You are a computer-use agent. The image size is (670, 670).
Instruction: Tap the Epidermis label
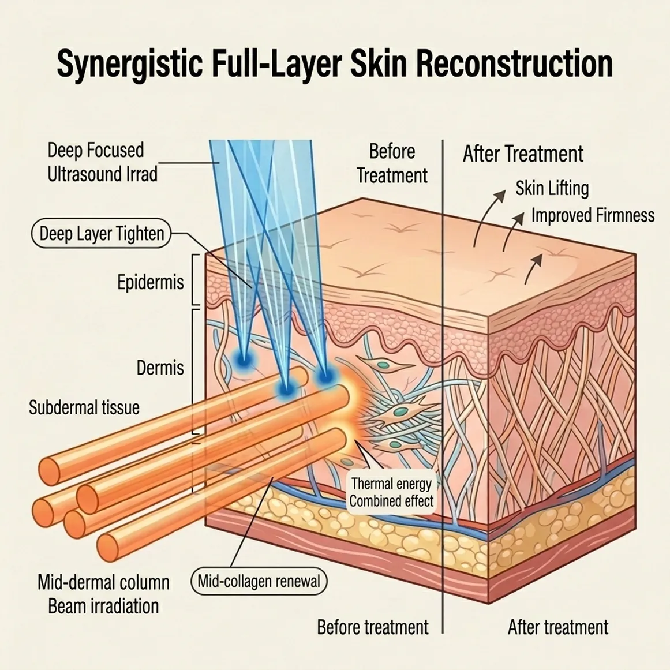[x=150, y=282]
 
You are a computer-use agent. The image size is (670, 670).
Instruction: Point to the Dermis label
[x=160, y=368]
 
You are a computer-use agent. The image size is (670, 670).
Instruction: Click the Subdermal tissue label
[x=84, y=407]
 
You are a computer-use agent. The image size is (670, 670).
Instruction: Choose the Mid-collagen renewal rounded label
[x=259, y=581]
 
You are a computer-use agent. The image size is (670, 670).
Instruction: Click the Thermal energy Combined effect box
[x=391, y=492]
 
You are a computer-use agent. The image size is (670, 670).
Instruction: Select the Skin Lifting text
[x=552, y=188]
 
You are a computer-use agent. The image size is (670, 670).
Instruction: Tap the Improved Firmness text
[x=593, y=216]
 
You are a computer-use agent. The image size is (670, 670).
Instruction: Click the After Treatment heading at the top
[x=523, y=154]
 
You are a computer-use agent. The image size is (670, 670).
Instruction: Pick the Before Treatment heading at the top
[x=392, y=163]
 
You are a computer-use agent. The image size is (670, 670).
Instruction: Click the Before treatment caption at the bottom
[x=373, y=627]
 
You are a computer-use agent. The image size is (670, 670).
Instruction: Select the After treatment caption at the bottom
[x=558, y=627]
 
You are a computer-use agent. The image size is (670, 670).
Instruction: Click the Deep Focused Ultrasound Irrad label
[x=102, y=162]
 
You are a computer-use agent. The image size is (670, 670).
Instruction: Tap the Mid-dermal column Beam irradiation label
[x=103, y=594]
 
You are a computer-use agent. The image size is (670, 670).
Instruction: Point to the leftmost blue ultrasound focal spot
[x=241, y=359]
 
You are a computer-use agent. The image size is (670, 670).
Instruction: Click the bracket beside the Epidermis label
[x=195, y=279]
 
